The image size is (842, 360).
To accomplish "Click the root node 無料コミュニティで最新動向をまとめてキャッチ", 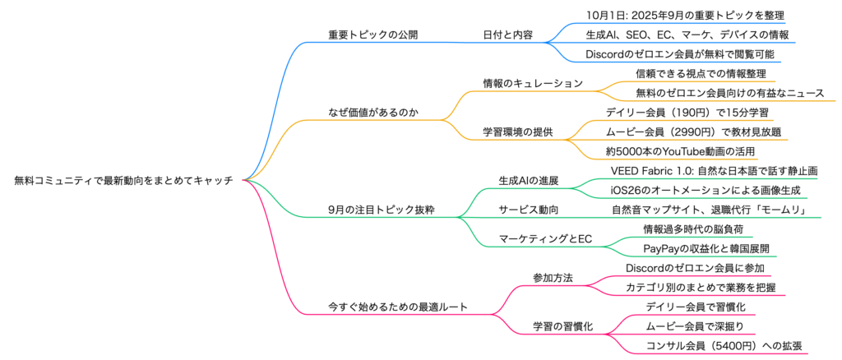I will (123, 180).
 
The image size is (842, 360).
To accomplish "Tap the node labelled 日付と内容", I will (507, 35).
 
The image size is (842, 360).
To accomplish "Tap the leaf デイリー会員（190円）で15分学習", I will (687, 113).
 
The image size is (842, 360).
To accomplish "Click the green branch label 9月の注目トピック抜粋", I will (381, 210).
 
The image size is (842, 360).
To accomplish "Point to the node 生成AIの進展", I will (529, 180).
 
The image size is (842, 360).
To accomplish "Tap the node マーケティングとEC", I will (545, 238).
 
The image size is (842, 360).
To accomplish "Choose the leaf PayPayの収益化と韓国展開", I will (706, 248).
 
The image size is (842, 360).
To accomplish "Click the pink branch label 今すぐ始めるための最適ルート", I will (397, 307).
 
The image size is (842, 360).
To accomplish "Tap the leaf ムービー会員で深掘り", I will (694, 326).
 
